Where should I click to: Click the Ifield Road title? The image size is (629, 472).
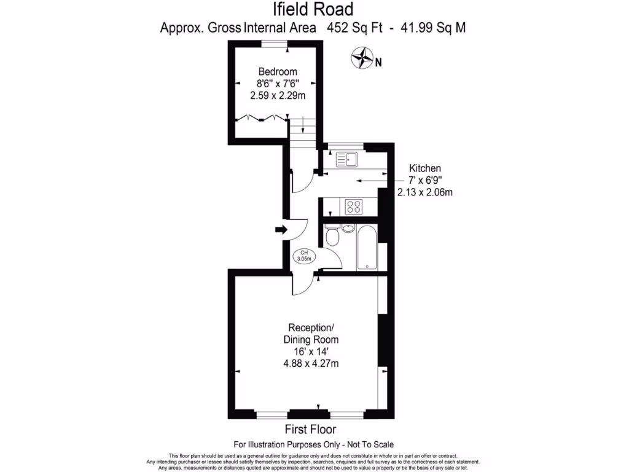pos(313,9)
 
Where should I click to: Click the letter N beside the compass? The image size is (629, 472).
pos(378,61)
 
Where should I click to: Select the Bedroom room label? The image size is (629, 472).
pos(277,71)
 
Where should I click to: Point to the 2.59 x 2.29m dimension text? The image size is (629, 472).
pos(278,95)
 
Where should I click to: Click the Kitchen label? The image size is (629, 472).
pos(425,168)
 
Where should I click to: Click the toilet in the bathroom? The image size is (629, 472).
pos(332,235)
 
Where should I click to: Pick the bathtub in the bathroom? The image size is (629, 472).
pos(367,248)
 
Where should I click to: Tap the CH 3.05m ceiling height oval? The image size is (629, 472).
pos(304,256)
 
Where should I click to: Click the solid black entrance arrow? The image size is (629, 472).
pos(281,229)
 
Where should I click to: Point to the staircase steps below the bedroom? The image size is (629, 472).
pos(302,130)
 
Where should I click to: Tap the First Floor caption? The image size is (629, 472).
pos(310,430)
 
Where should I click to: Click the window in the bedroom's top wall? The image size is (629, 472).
pos(274,42)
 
